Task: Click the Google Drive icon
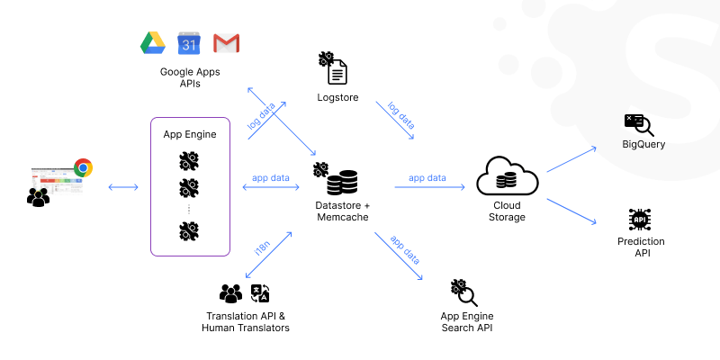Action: [x=150, y=42]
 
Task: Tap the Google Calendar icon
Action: [x=188, y=42]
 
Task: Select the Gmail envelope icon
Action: [x=226, y=42]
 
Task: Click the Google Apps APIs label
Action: [x=190, y=77]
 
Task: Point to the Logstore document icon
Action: [x=337, y=70]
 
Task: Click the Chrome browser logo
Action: [x=83, y=167]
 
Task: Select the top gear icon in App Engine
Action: [x=189, y=162]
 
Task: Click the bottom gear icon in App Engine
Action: [x=189, y=231]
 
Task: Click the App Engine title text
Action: [x=189, y=134]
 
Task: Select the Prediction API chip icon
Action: [x=641, y=220]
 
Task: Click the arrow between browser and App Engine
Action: [x=123, y=187]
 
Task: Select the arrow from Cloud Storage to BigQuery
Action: [x=571, y=158]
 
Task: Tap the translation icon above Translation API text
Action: [x=260, y=293]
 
